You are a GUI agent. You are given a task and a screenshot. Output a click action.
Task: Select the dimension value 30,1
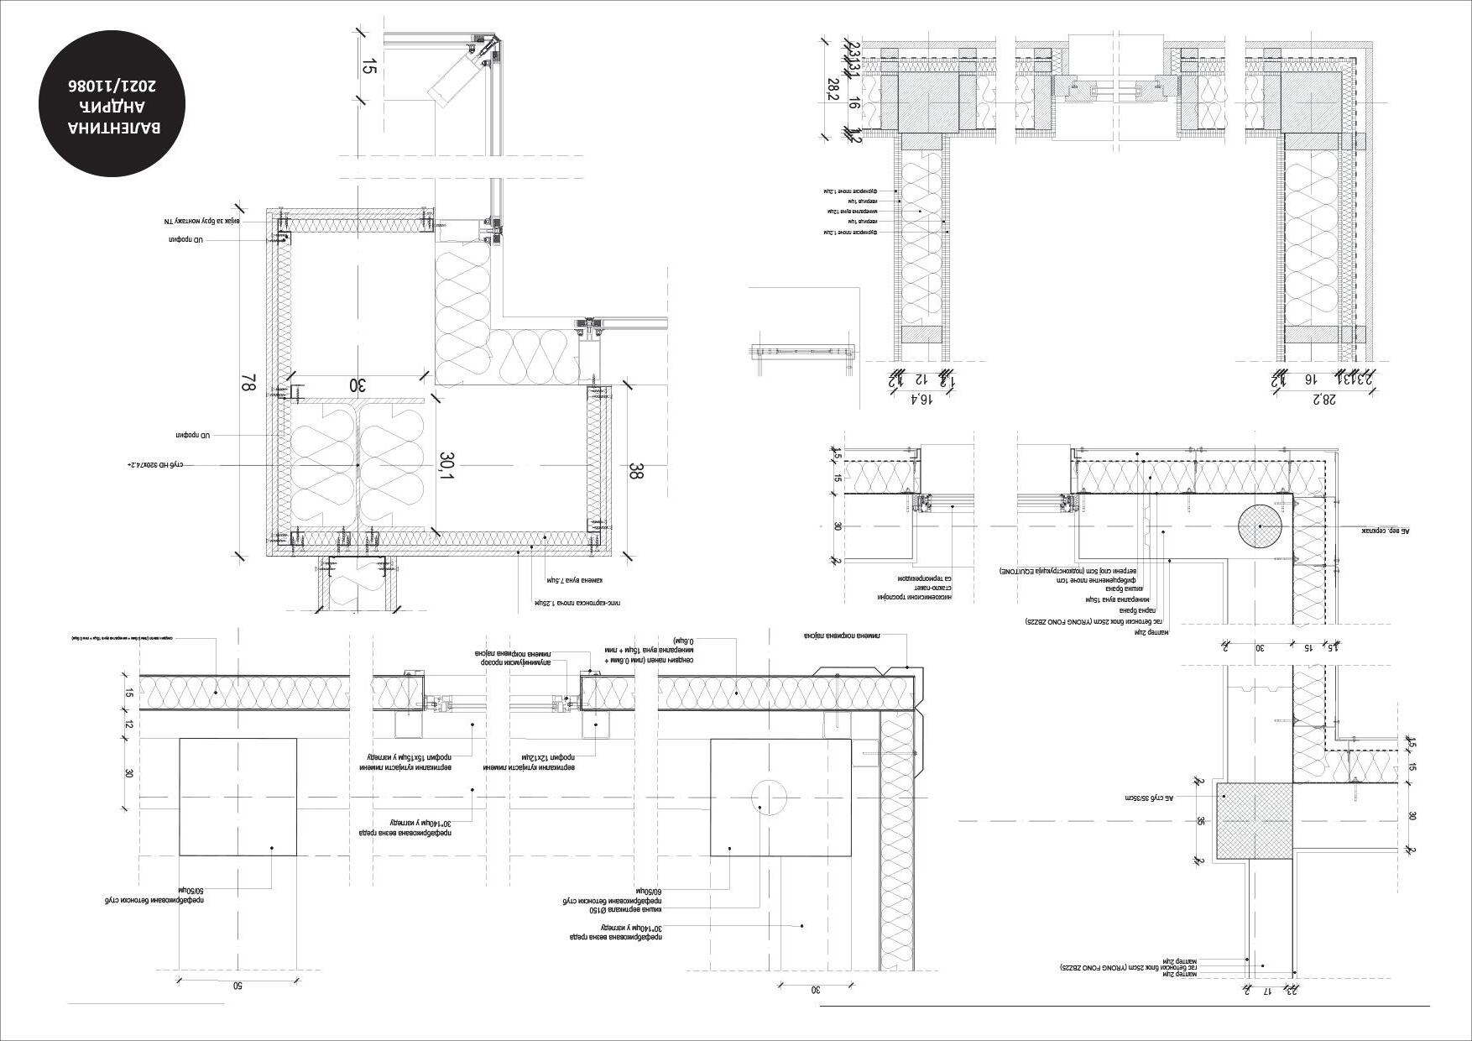tap(446, 467)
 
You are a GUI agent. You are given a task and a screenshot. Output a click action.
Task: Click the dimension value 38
tap(635, 472)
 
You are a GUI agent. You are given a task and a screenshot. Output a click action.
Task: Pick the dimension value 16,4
tap(921, 399)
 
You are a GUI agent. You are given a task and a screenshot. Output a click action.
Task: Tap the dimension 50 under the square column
tap(238, 986)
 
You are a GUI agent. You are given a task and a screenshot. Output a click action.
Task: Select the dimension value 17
tap(1267, 991)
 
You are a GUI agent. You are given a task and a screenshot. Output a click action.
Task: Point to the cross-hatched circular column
tap(1260, 526)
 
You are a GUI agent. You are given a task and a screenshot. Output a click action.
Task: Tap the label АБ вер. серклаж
tap(1386, 531)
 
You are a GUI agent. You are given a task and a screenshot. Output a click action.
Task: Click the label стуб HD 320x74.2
tap(155, 464)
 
